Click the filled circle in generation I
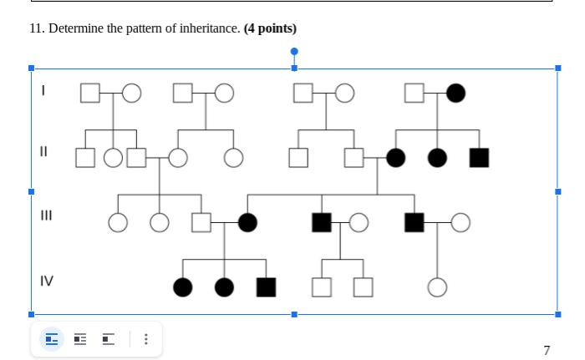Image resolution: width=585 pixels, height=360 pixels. tap(455, 93)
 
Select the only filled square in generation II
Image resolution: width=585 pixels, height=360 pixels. tap(479, 157)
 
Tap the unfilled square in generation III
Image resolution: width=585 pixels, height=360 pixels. tap(201, 222)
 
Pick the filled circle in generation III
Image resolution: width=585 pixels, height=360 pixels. tap(247, 222)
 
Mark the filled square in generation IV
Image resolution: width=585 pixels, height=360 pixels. tap(266, 286)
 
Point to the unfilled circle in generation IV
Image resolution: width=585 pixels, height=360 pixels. tap(437, 286)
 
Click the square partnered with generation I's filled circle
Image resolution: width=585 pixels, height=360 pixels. tap(415, 93)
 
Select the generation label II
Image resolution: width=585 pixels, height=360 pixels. tap(43, 152)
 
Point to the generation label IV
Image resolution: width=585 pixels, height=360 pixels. tap(47, 281)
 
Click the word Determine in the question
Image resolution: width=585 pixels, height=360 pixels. tap(75, 28)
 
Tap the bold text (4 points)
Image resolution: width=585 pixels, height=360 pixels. tap(270, 28)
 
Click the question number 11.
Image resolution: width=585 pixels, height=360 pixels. tap(36, 28)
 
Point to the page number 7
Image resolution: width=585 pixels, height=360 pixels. tap(547, 350)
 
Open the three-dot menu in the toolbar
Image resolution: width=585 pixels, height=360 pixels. tap(146, 339)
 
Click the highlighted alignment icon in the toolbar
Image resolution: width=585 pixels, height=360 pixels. tap(52, 339)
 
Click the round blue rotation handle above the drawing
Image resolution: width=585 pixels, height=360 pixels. tap(294, 51)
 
